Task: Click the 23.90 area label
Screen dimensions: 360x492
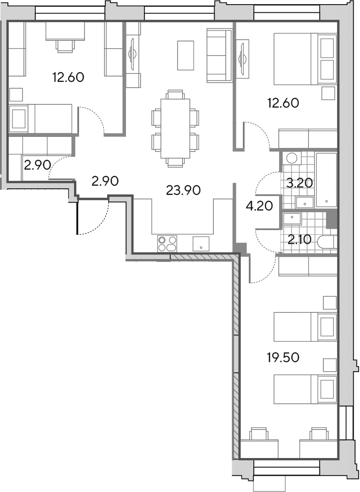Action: [x=183, y=190]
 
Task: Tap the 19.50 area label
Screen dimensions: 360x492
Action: [x=283, y=357]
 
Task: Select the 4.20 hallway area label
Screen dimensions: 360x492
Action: [x=259, y=206]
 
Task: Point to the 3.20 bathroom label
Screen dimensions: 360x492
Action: [x=300, y=183]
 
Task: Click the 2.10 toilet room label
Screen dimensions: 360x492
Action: [x=300, y=240]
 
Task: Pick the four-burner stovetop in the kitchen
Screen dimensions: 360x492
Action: [x=167, y=243]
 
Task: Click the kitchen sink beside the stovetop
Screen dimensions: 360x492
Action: [x=201, y=244]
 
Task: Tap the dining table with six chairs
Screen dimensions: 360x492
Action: [x=175, y=129]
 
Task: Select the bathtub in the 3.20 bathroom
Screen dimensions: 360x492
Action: [x=326, y=180]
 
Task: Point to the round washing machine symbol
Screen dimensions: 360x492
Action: [x=291, y=158]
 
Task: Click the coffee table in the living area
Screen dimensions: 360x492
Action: [x=185, y=56]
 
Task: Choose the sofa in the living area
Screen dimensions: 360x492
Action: [x=220, y=55]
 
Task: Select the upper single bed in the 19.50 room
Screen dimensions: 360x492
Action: [x=305, y=327]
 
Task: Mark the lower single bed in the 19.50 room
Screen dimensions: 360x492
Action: [x=305, y=389]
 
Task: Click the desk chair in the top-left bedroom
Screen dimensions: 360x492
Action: [x=65, y=46]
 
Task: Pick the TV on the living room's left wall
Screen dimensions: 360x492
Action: [x=132, y=54]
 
